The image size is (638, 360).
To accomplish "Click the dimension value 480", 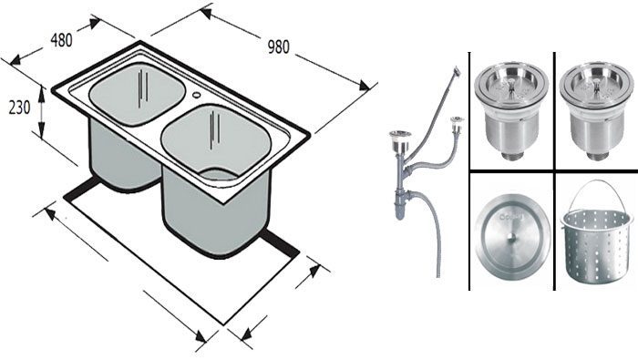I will pyautogui.click(x=60, y=40).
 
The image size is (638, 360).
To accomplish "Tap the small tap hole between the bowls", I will pyautogui.click(x=196, y=94).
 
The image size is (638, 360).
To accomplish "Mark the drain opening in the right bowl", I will pyautogui.click(x=219, y=172).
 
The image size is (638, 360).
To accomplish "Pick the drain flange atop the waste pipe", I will pyautogui.click(x=396, y=136).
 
